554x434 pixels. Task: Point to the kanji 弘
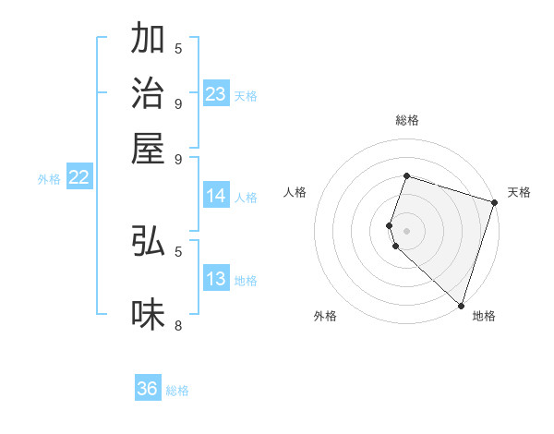pyautogui.click(x=149, y=241)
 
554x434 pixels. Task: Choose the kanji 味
pyautogui.click(x=149, y=315)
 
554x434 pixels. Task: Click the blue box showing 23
pyautogui.click(x=216, y=94)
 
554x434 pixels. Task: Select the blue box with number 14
pyautogui.click(x=216, y=196)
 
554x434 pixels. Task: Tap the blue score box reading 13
pyautogui.click(x=216, y=280)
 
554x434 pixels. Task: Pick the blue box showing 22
pyautogui.click(x=78, y=178)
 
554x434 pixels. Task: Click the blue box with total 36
pyautogui.click(x=148, y=389)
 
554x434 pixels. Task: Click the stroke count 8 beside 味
pyautogui.click(x=178, y=325)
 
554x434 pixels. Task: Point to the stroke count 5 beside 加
pyautogui.click(x=178, y=48)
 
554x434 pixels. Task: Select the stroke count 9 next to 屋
pyautogui.click(x=178, y=158)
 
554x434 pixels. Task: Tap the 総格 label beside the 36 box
pyautogui.click(x=177, y=391)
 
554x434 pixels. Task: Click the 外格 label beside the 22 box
pyautogui.click(x=49, y=179)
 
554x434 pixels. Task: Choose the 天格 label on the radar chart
pyautogui.click(x=519, y=192)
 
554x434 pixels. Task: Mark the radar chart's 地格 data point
pyautogui.click(x=461, y=305)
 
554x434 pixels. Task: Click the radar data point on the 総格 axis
pyautogui.click(x=406, y=175)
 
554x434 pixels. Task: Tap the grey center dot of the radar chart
pyautogui.click(x=406, y=230)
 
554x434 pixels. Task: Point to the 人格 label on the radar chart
pyautogui.click(x=295, y=192)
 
